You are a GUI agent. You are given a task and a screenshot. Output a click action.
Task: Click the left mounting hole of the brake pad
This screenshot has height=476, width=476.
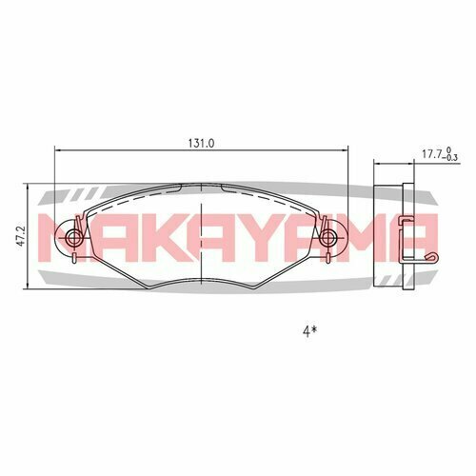tap(74, 233)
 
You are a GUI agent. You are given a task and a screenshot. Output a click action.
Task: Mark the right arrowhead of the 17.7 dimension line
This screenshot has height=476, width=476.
tap(411, 163)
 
